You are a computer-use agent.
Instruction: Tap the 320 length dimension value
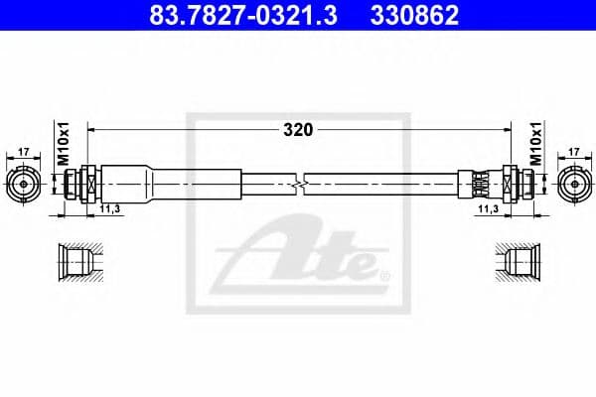pos(298,129)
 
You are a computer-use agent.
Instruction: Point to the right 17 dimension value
pos(574,152)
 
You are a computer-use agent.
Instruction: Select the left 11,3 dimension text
pos(110,209)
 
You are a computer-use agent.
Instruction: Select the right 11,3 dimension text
pos(487,209)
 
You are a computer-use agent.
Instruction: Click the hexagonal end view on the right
pos(574,184)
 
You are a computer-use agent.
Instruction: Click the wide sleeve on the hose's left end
pos(139,184)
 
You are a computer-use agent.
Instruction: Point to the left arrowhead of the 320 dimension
pos(92,129)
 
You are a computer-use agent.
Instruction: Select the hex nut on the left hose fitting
pos(88,184)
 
